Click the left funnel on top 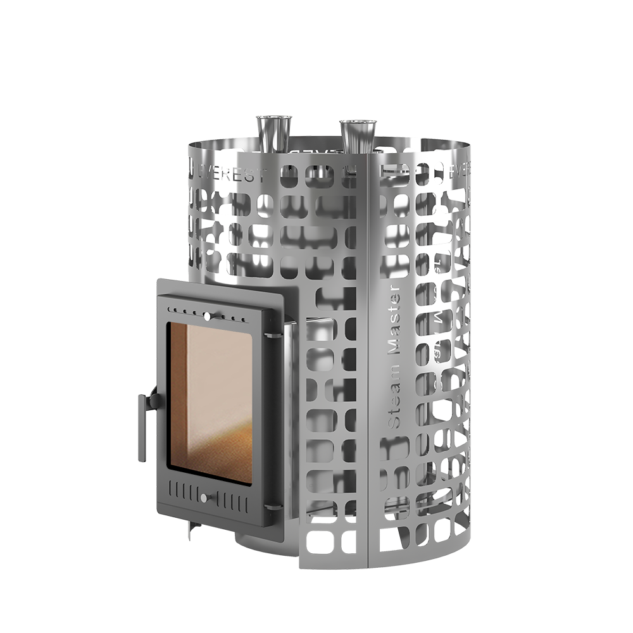(x=273, y=133)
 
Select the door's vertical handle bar (x=142, y=427)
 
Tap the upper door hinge (x=273, y=334)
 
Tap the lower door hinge (x=273, y=506)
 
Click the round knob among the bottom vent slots (x=204, y=498)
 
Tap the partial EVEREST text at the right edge (x=460, y=170)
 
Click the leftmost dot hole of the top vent (x=170, y=308)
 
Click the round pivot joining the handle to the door (x=154, y=400)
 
